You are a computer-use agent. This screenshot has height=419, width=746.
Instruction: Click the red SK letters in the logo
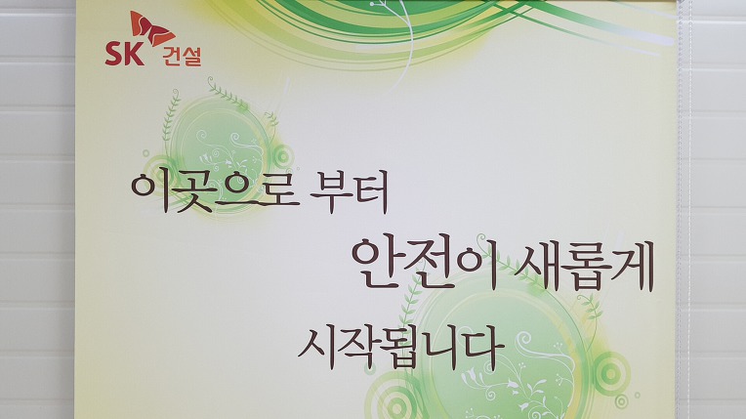[124, 53]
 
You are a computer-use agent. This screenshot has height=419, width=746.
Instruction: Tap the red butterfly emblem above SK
[152, 28]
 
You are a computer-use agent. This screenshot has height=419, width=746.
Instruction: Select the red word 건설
[182, 57]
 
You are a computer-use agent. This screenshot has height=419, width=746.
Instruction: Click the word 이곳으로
[215, 190]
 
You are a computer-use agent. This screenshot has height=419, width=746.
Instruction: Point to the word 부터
[349, 190]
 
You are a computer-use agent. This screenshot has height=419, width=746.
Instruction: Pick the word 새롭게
[584, 266]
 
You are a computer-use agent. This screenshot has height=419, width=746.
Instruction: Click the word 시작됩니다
[401, 347]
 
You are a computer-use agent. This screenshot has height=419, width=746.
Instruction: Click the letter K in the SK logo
[135, 53]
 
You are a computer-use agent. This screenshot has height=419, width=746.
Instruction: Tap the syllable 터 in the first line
[370, 190]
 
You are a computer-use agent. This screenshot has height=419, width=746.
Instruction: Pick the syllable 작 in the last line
[356, 348]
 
